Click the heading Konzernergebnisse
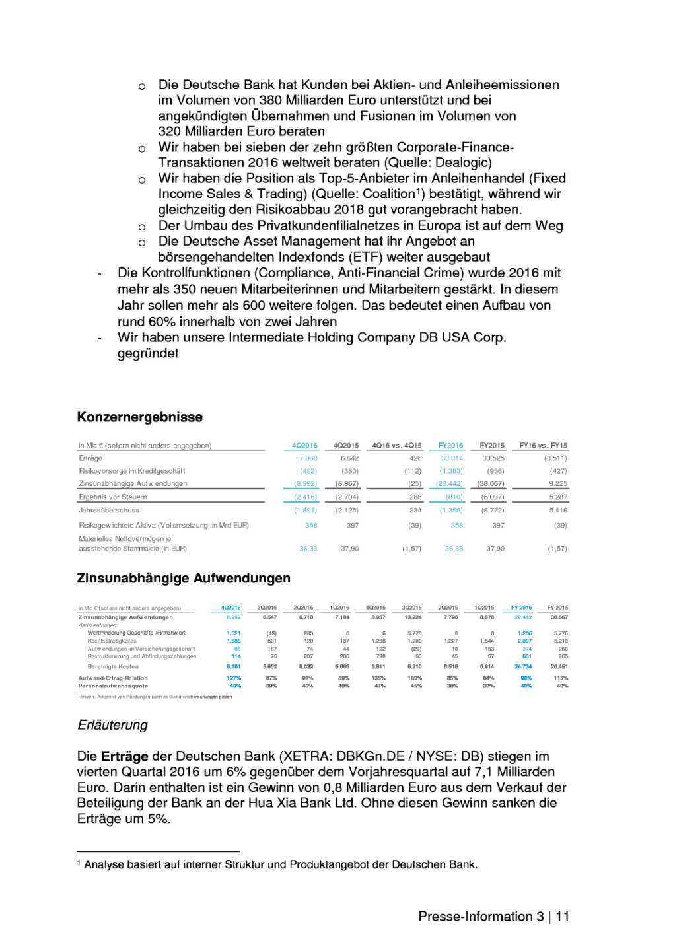click(139, 417)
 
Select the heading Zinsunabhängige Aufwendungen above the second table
click(184, 579)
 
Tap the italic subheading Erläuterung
click(113, 725)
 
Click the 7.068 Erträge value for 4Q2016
click(308, 458)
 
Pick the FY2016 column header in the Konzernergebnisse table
click(450, 446)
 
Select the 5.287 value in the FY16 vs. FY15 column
click(557, 497)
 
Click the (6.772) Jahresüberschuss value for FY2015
click(492, 511)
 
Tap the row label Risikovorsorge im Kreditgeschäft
click(132, 472)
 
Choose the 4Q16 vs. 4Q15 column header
click(396, 446)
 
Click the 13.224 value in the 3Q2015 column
click(413, 617)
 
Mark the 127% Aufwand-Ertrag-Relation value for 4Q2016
click(234, 678)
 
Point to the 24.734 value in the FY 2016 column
click(522, 667)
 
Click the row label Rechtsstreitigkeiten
click(112, 641)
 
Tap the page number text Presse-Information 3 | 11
click(493, 917)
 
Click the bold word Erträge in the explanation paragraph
click(125, 757)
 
